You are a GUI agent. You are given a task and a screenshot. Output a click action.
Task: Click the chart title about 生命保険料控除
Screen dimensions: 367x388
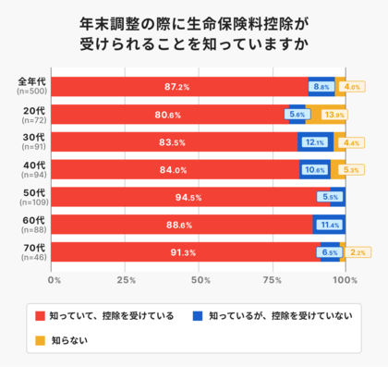194,32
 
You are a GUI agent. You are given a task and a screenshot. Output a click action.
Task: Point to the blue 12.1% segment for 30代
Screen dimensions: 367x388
313,142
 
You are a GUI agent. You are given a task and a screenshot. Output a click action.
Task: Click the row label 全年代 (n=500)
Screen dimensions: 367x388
32,87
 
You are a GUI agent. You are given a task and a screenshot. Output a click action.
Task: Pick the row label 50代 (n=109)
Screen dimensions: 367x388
32,197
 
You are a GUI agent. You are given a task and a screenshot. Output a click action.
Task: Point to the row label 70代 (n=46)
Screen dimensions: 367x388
32,252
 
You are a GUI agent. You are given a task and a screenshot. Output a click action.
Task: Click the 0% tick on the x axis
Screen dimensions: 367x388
55,278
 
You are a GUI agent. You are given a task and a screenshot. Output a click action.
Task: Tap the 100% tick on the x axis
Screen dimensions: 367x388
345,278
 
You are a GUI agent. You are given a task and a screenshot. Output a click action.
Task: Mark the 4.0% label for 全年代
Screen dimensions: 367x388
351,87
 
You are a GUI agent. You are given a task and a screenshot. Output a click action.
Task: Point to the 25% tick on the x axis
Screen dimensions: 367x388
127,278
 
